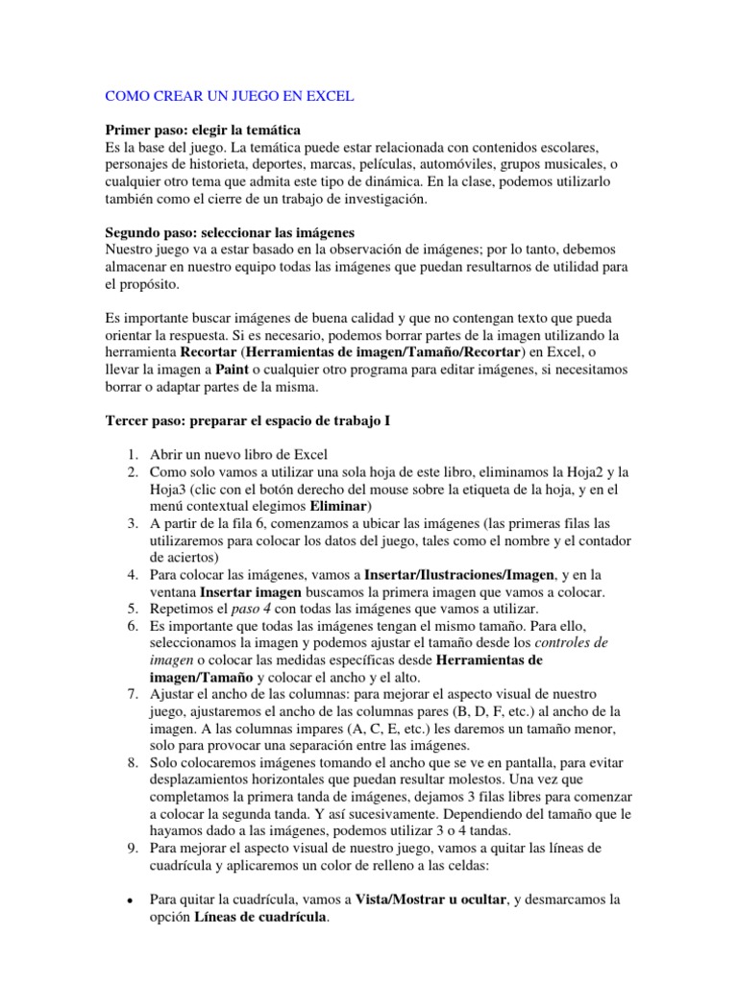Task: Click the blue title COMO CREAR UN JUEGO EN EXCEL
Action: [x=229, y=96]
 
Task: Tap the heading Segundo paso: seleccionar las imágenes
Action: [x=230, y=232]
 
